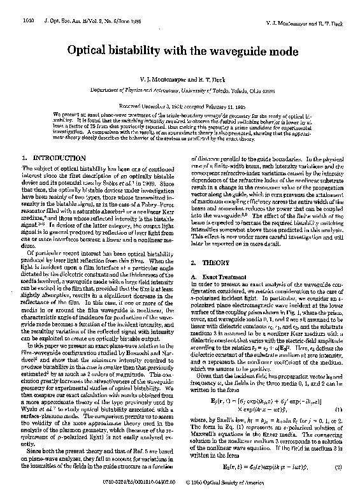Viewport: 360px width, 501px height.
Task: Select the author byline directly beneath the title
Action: [180, 80]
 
